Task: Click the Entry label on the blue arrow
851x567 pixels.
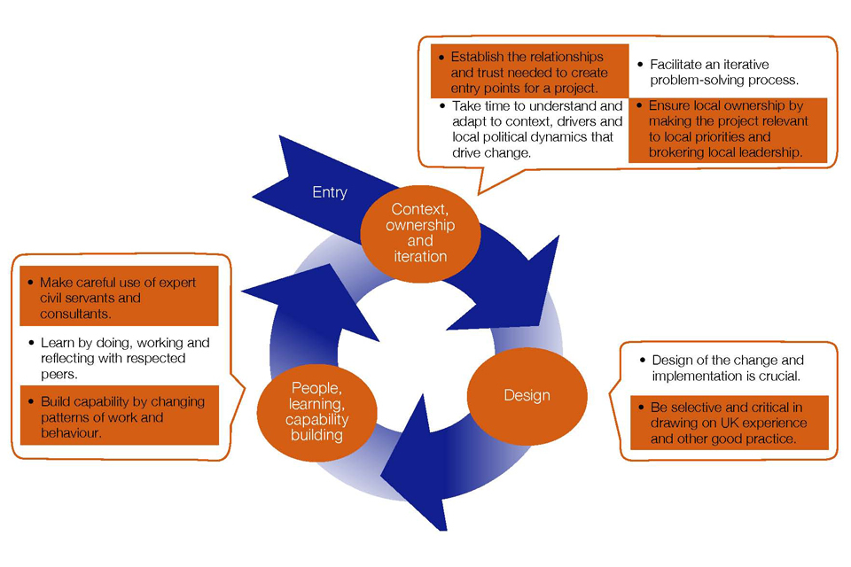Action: tap(329, 192)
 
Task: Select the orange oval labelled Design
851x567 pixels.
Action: tap(527, 395)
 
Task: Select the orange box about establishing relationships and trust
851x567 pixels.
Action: tap(529, 73)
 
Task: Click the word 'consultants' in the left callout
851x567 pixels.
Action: tap(75, 314)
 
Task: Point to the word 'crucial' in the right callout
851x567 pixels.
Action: tap(781, 376)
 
